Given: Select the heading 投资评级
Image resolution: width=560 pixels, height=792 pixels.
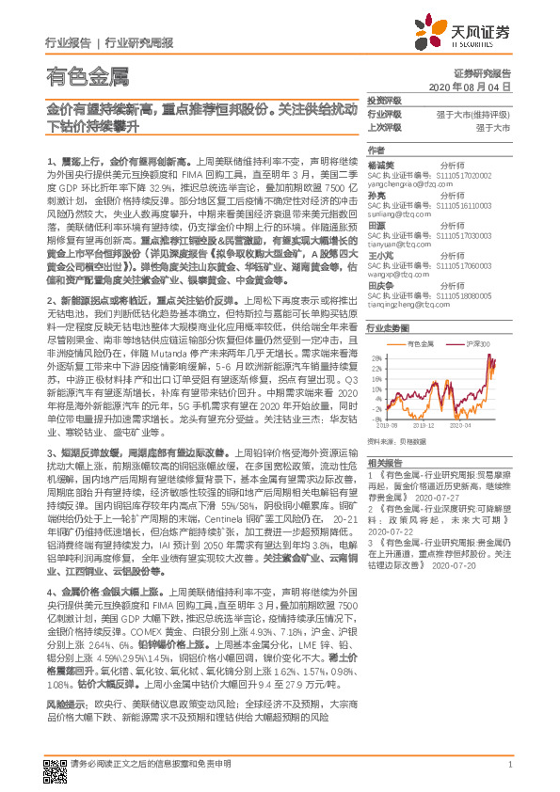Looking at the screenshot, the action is tap(384, 100).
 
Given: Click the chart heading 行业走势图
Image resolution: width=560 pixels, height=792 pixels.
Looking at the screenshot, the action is tap(388, 328).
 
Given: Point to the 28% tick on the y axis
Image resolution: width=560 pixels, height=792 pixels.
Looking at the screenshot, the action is tap(376, 355).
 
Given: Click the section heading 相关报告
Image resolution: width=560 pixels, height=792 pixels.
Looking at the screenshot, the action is tap(384, 462).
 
